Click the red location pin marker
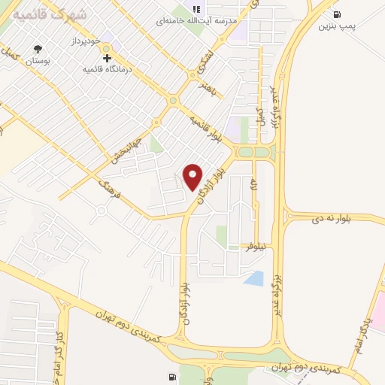tap(193, 177)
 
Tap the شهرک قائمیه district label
tap(44, 14)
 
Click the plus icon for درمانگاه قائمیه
tap(107, 57)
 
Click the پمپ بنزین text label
tap(335, 26)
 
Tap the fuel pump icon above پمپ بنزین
tap(335, 14)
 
